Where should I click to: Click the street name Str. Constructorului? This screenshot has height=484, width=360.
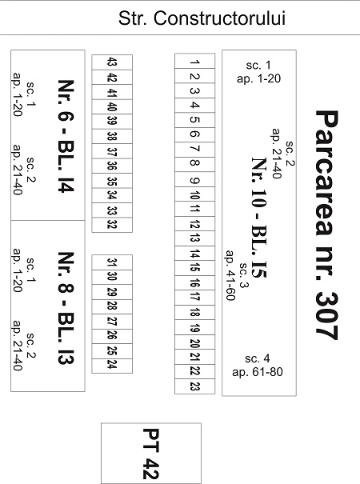pos(202,18)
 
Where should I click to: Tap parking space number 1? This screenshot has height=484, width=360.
pos(195,61)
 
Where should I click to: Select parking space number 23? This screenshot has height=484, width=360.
pos(195,386)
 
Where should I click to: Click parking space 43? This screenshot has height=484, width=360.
pos(112,62)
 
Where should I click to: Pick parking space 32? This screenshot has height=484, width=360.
pos(112,225)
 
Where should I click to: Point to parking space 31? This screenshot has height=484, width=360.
pos(112,262)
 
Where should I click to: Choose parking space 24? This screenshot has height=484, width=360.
pos(112,366)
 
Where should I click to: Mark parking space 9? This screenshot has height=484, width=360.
pos(195,180)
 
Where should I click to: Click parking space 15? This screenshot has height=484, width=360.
pos(195,268)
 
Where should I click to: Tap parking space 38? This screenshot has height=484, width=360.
pos(112,136)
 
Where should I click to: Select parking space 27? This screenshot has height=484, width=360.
pos(112,322)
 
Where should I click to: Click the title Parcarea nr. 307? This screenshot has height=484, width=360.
pos(326,225)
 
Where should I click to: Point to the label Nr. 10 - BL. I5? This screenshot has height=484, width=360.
pos(258,218)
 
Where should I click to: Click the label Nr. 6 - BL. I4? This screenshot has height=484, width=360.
pos(66,136)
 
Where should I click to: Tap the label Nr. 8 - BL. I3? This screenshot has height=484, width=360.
pos(66,308)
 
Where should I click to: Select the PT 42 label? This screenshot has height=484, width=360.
pos(151,454)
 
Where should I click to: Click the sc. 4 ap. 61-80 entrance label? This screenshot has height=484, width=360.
pos(258,365)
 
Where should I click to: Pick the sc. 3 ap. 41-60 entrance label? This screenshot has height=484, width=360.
pos(237,275)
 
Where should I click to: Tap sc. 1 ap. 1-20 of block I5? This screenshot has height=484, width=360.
pos(258,72)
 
